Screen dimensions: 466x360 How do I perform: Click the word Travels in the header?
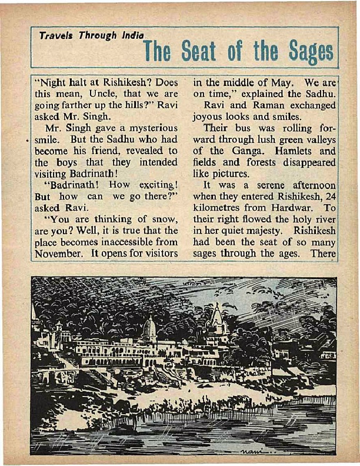(x=53, y=36)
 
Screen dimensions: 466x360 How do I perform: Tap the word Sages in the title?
(x=312, y=53)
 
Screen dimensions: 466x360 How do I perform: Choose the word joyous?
(x=209, y=116)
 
